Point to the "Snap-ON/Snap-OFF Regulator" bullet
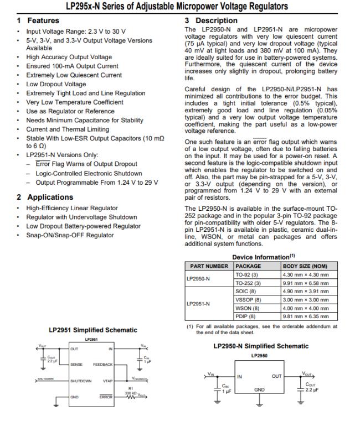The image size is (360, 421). (70, 235)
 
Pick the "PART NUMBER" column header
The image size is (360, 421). (209, 266)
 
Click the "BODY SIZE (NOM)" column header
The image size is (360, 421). (305, 266)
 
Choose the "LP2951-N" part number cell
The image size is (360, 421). (198, 304)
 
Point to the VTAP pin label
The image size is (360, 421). (107, 381)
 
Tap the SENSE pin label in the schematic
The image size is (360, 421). (77, 365)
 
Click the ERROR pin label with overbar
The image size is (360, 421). (106, 397)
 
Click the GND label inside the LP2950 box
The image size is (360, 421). (260, 389)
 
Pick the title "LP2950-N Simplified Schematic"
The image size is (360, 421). (261, 346)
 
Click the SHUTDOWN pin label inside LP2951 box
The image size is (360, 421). (82, 381)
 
